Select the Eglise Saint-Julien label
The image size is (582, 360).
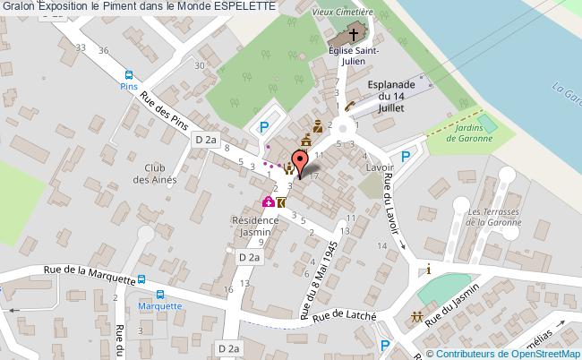click(x=353, y=56)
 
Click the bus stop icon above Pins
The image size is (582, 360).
click(x=128, y=75)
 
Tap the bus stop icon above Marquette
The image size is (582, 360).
click(x=160, y=294)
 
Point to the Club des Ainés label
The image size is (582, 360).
click(x=155, y=173)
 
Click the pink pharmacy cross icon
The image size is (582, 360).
click(x=267, y=203)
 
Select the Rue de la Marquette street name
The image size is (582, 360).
click(x=90, y=274)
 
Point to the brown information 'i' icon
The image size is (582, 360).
click(x=429, y=270)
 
